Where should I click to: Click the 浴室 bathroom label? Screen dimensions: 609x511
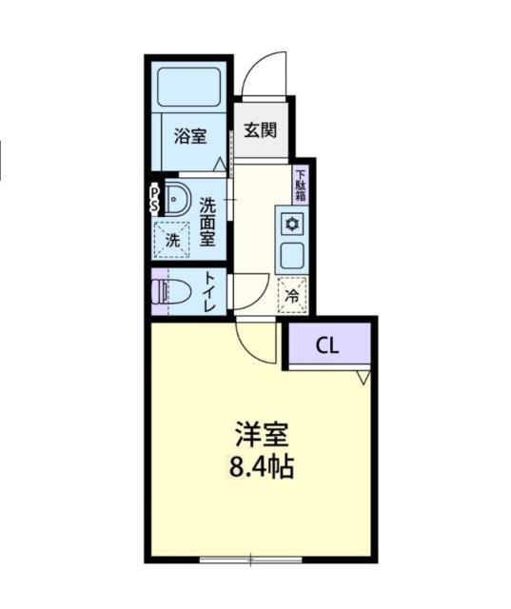point(189,137)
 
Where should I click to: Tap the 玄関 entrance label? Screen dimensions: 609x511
point(259,130)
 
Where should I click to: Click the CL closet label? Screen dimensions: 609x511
point(326,345)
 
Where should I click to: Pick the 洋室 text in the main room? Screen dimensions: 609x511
point(262,437)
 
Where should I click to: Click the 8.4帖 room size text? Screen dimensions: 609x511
point(262,467)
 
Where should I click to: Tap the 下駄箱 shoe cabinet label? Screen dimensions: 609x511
point(301,185)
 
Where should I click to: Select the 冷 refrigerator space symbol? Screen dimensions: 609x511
point(292,295)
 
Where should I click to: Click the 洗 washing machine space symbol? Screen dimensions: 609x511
point(172,240)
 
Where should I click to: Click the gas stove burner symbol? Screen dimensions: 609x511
point(291,225)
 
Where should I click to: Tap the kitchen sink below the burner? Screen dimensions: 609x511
point(291,254)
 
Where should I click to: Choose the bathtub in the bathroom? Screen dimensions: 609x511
point(189,87)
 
